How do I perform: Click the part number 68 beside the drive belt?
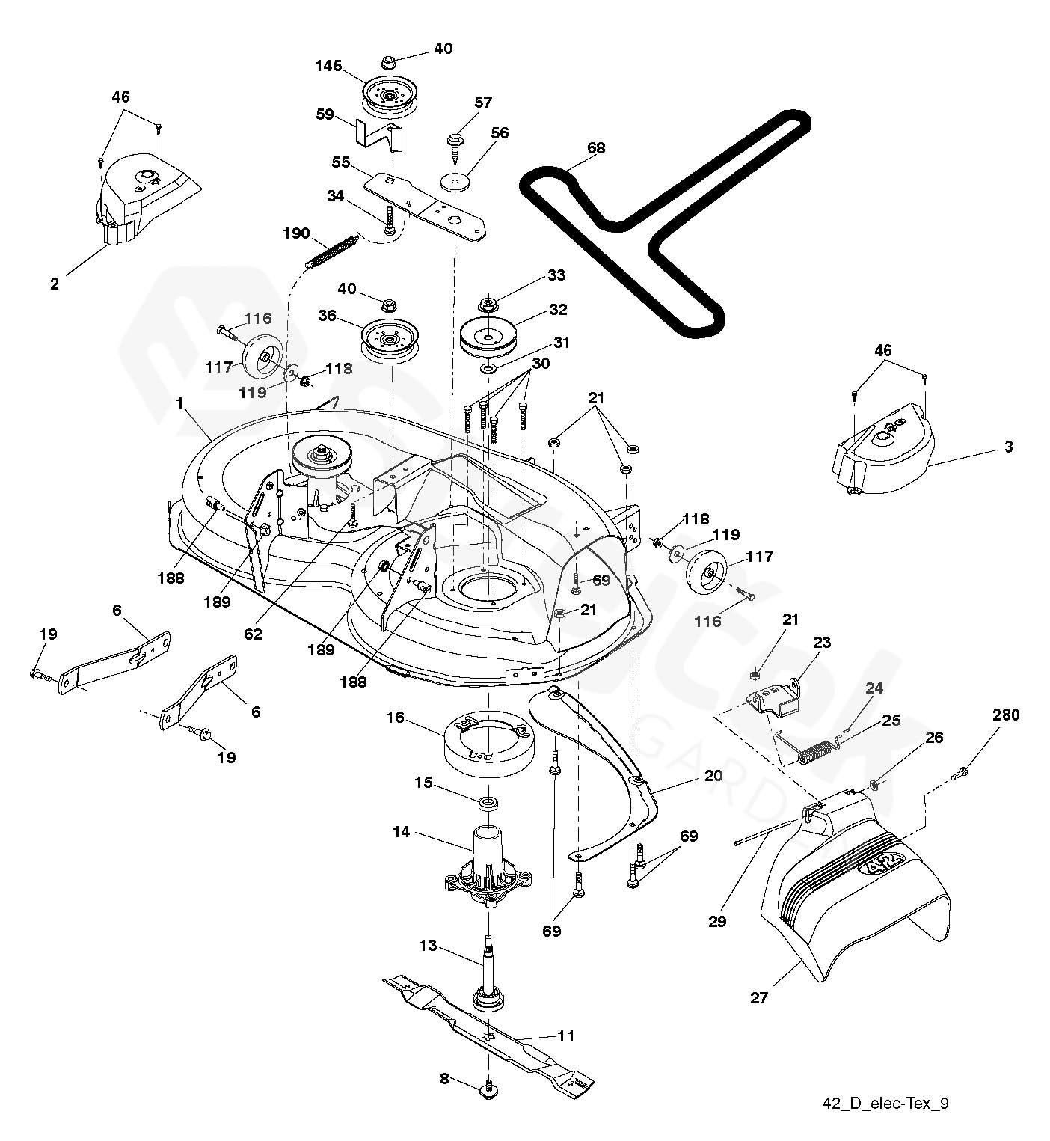click(596, 148)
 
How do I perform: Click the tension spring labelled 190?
click(332, 250)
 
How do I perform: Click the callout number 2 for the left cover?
click(54, 284)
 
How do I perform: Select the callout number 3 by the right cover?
click(1008, 447)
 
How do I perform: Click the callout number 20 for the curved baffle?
click(713, 775)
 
